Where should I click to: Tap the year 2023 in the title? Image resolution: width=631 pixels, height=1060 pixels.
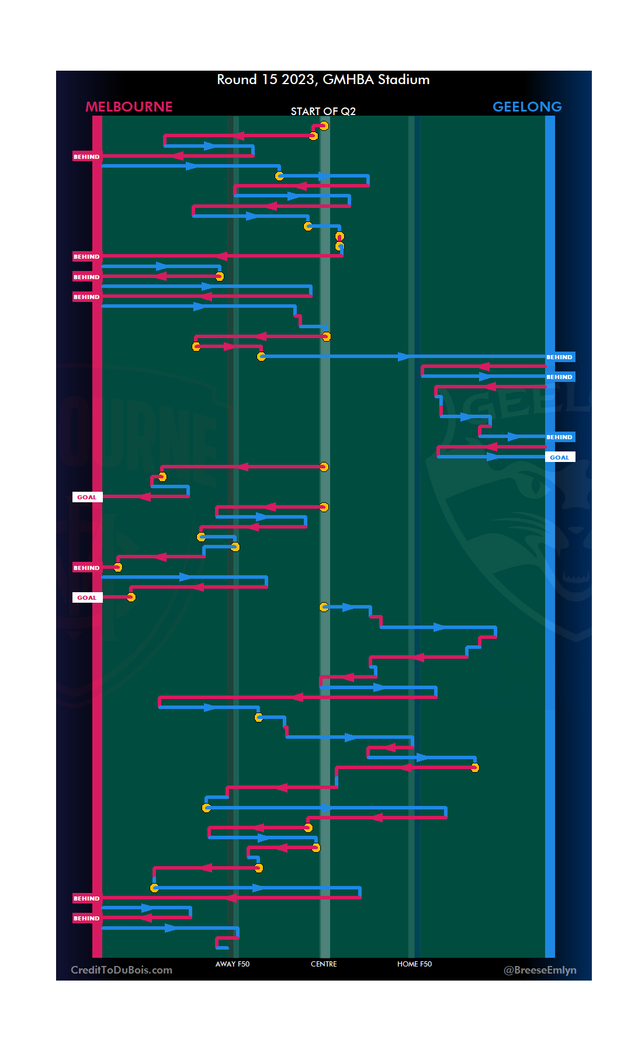click(299, 79)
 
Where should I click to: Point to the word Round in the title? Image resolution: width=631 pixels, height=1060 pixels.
click(237, 79)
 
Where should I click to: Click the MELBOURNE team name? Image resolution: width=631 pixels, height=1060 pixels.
click(129, 107)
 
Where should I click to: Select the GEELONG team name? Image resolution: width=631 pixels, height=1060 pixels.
click(527, 107)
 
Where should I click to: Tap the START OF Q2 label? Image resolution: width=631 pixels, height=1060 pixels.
click(323, 111)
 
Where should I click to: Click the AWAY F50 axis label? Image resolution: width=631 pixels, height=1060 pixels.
click(233, 964)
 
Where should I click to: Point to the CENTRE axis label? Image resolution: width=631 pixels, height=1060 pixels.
click(324, 964)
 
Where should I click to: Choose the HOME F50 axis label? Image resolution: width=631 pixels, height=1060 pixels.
click(414, 964)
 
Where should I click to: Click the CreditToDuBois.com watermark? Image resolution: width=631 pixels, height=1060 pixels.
click(122, 970)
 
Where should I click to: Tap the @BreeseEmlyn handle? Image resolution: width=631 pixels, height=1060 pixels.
click(540, 970)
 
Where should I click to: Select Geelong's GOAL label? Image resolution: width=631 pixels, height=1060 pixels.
click(560, 457)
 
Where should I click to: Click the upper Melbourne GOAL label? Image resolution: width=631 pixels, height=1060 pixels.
click(87, 497)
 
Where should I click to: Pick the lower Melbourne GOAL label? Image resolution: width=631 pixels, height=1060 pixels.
click(87, 597)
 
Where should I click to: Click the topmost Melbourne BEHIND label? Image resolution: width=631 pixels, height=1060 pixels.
click(86, 157)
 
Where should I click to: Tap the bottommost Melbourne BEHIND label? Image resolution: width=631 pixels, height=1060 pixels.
click(86, 918)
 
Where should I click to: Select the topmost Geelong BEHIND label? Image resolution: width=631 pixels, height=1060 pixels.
click(560, 357)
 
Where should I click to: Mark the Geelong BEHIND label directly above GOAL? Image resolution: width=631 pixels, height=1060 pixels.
click(560, 437)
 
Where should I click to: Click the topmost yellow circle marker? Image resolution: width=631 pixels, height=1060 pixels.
click(324, 126)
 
